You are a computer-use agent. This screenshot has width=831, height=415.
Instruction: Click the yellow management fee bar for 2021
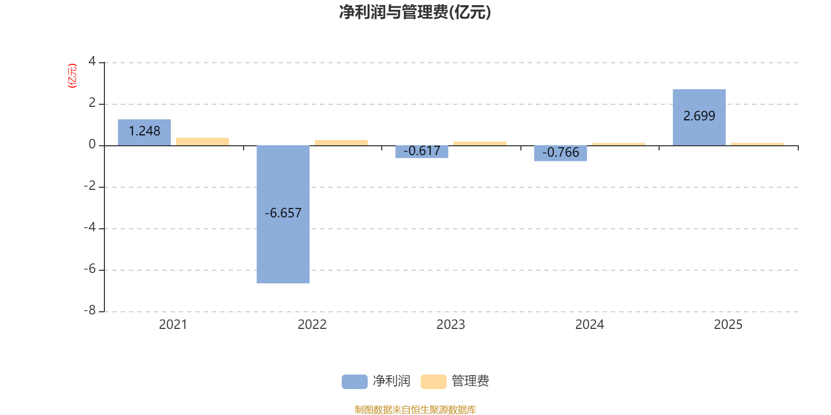(203, 141)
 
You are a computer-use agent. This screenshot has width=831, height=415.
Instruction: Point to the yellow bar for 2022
(341, 142)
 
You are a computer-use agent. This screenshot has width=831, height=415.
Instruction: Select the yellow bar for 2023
(480, 143)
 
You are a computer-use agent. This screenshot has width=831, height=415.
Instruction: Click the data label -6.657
(283, 213)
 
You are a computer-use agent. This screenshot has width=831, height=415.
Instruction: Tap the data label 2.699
(699, 116)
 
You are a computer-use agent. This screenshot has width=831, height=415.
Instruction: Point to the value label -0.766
(560, 153)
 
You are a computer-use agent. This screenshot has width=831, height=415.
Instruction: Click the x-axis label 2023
(450, 325)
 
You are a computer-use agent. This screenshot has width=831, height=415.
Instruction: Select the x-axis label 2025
(728, 325)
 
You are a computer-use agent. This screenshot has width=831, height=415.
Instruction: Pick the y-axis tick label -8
(90, 310)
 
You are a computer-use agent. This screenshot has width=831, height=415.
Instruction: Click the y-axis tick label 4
(92, 61)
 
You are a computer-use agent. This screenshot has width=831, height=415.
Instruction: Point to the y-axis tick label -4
(90, 227)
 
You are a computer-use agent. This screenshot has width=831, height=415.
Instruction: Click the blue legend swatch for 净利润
(354, 381)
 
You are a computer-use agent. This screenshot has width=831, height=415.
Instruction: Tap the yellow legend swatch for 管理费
(433, 381)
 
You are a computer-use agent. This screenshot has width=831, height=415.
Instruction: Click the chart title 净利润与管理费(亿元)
(415, 12)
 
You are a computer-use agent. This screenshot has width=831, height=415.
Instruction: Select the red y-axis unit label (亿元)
(72, 76)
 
